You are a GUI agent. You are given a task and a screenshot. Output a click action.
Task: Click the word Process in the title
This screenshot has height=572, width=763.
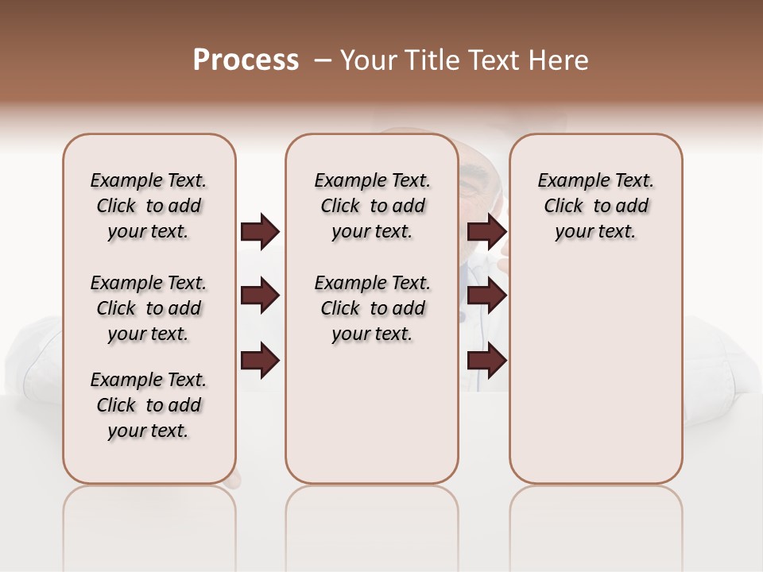[246, 60]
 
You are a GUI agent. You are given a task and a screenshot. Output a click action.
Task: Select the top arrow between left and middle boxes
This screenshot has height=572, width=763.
[260, 231]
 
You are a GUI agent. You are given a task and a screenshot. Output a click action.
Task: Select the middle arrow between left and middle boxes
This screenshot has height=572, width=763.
[260, 296]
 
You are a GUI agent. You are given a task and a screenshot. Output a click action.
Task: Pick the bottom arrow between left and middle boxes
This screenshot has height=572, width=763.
[260, 361]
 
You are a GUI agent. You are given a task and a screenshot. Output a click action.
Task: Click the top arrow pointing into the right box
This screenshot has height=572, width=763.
[486, 231]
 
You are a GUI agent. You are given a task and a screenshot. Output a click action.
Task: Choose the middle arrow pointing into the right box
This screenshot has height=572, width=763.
[486, 296]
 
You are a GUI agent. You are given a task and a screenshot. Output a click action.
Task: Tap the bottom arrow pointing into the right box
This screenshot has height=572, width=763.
[486, 361]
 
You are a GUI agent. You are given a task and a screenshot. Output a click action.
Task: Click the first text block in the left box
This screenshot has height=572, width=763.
[149, 206]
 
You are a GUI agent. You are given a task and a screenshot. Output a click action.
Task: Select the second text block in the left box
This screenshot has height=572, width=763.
[149, 308]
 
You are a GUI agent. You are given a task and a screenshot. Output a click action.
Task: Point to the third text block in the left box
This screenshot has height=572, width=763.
[149, 405]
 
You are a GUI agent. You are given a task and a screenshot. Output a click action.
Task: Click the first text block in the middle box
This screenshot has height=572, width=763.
[372, 206]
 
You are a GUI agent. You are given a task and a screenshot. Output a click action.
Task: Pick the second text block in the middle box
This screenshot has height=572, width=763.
[372, 308]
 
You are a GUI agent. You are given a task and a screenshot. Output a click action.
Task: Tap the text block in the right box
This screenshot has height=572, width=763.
[595, 206]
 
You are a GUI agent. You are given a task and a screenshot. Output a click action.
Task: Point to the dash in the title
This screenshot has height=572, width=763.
[323, 60]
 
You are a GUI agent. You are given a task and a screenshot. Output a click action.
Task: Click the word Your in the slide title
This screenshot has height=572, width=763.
[367, 60]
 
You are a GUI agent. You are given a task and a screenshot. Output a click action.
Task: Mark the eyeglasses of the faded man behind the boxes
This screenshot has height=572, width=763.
[473, 182]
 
